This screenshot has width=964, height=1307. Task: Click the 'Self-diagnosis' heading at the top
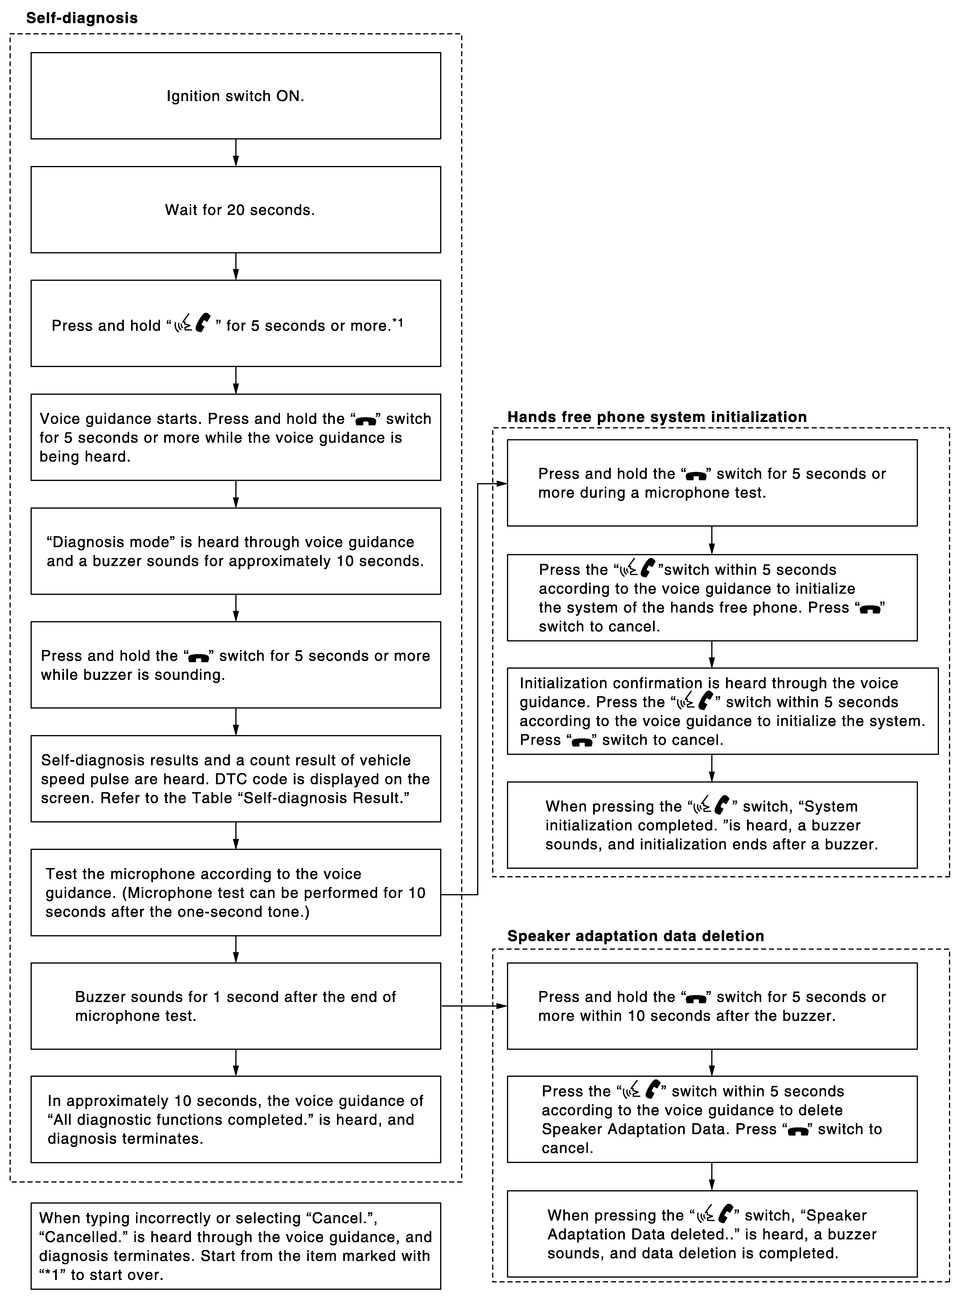[x=82, y=18]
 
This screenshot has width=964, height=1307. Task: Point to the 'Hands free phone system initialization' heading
[x=657, y=417]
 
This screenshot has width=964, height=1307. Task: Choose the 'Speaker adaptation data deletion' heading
[x=635, y=936]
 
